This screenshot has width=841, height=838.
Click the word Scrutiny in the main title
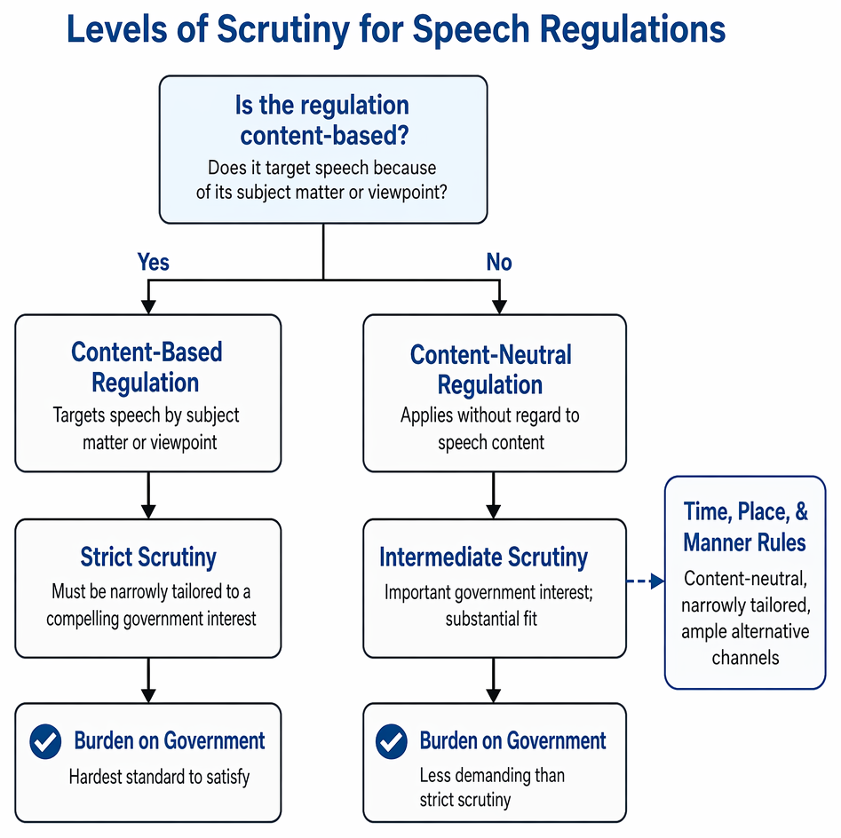[x=283, y=29]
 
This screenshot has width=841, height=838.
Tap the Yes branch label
[x=154, y=262]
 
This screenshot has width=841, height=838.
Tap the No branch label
[x=499, y=262]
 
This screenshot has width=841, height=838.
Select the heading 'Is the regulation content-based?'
[x=322, y=120]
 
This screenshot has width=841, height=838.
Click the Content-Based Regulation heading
[x=147, y=368]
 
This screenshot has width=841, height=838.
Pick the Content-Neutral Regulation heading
[x=491, y=369]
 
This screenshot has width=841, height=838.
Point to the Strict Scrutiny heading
[x=148, y=557]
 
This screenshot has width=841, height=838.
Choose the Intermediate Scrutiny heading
[x=483, y=557]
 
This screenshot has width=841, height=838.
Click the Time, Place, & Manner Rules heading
[x=745, y=526]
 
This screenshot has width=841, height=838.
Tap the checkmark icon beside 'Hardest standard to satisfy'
[x=45, y=741]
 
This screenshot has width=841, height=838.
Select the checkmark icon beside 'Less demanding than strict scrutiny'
[x=392, y=741]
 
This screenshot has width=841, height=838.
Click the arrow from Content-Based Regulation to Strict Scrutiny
[x=148, y=495]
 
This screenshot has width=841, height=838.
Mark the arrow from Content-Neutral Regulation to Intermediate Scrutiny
[x=494, y=495]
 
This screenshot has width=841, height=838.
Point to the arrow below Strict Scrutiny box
[x=148, y=680]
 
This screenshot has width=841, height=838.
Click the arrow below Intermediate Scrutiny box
[x=494, y=680]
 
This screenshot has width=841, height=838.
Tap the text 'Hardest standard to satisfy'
[x=159, y=777]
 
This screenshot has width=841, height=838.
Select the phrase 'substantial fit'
[x=491, y=619]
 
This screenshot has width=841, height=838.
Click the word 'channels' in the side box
[x=745, y=657]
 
